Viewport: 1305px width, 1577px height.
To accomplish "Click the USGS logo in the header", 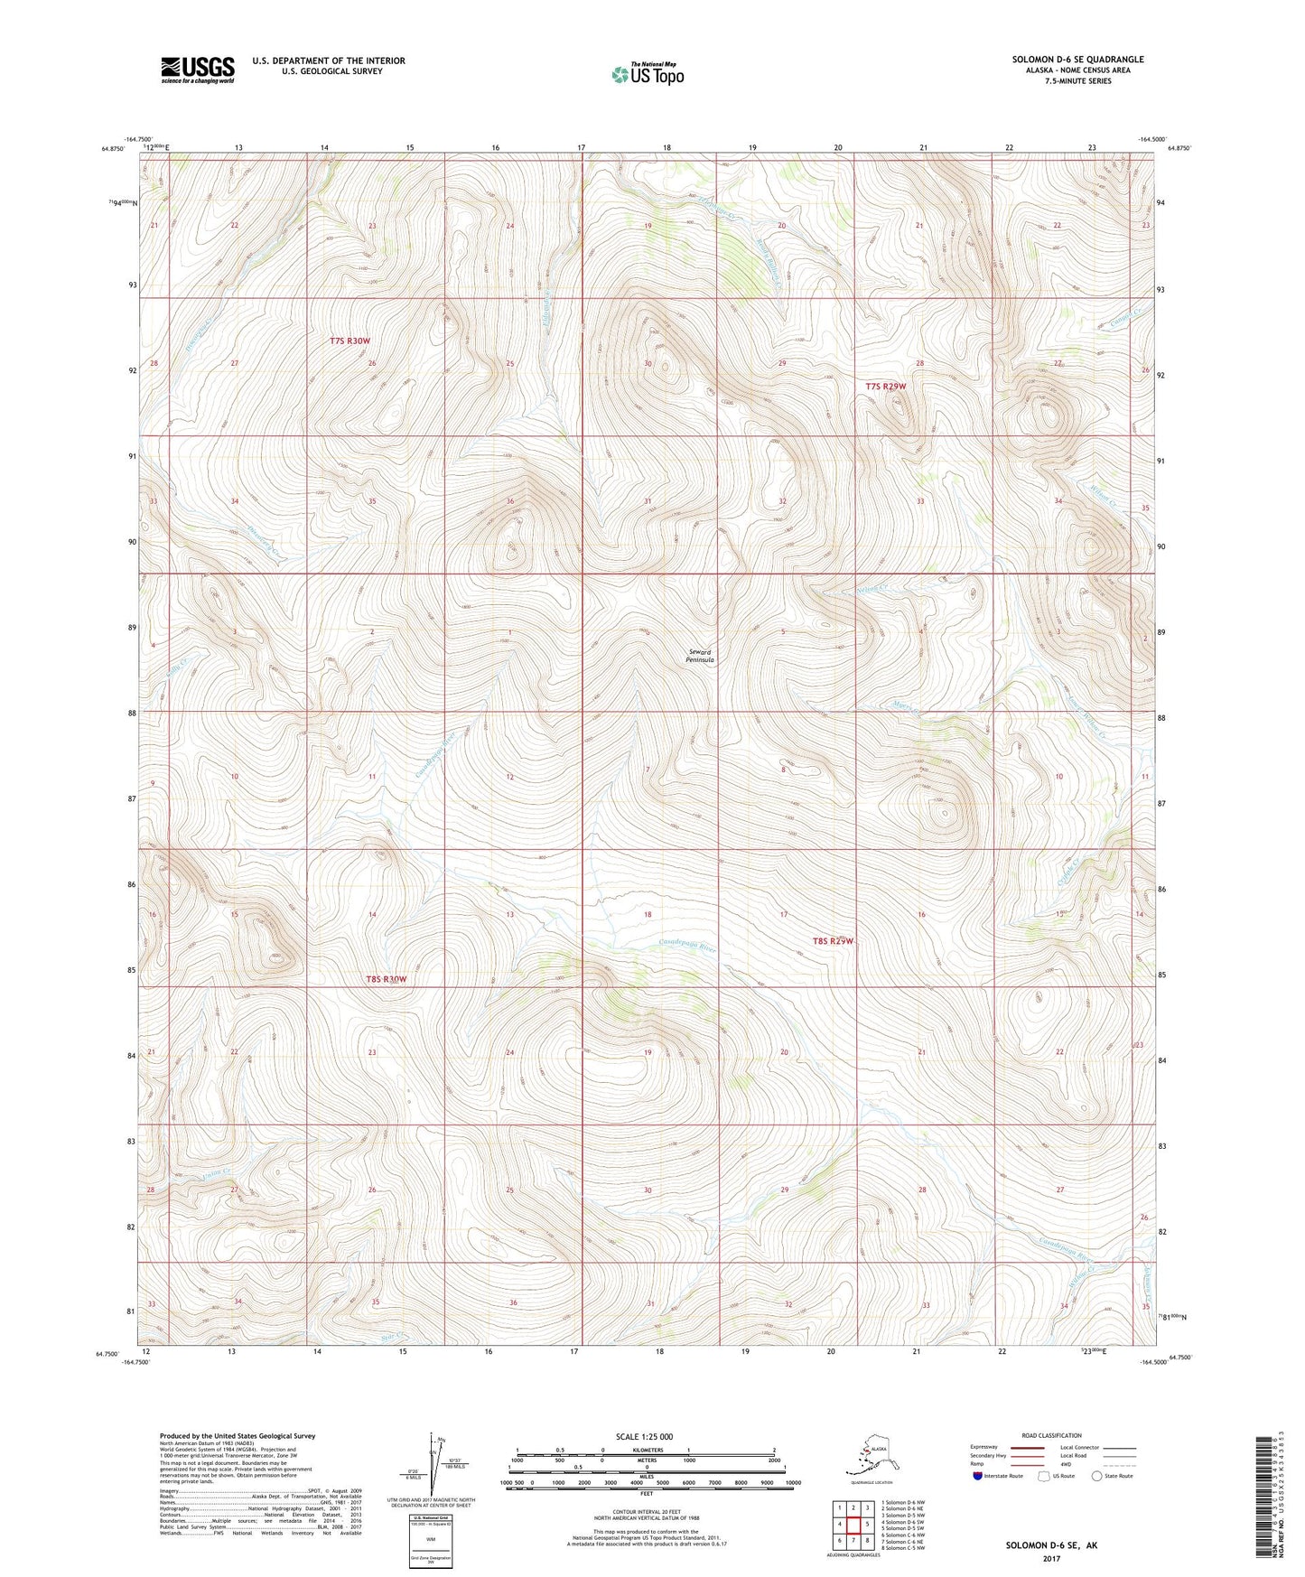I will (x=197, y=70).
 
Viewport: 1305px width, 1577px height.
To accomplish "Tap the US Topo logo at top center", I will (x=647, y=73).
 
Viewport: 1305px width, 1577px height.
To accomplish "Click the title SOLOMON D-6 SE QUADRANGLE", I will (x=1077, y=60).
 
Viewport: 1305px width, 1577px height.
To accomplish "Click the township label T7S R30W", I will (x=350, y=341).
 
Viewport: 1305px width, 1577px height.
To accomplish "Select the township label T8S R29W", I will (x=832, y=941).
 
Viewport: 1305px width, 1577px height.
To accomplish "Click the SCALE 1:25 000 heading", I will (x=644, y=1436).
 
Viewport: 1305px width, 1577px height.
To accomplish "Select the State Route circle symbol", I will (x=1097, y=1477).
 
